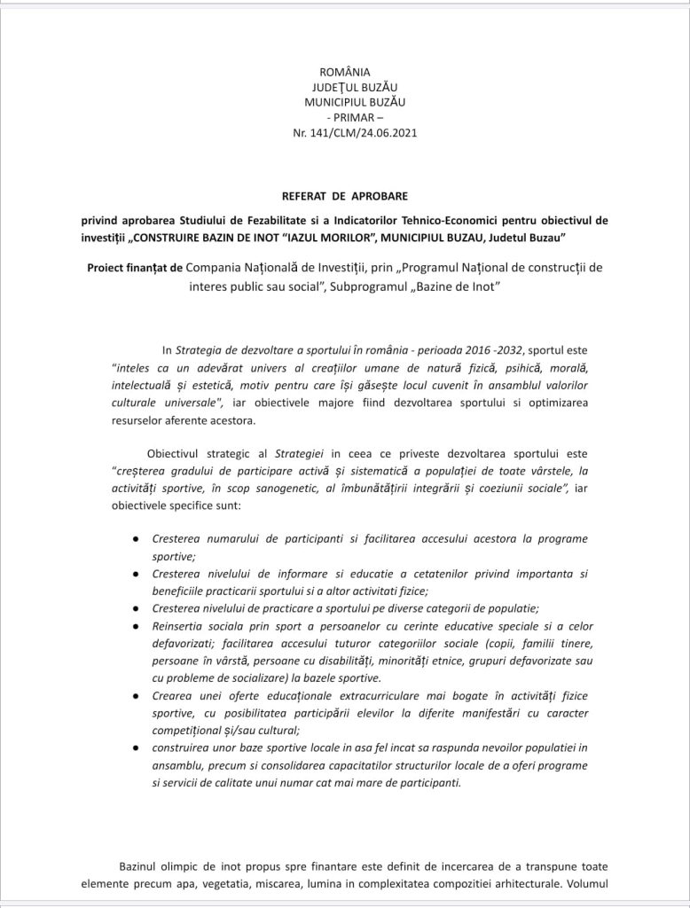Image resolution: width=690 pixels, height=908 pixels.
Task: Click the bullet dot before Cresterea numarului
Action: point(134,539)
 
